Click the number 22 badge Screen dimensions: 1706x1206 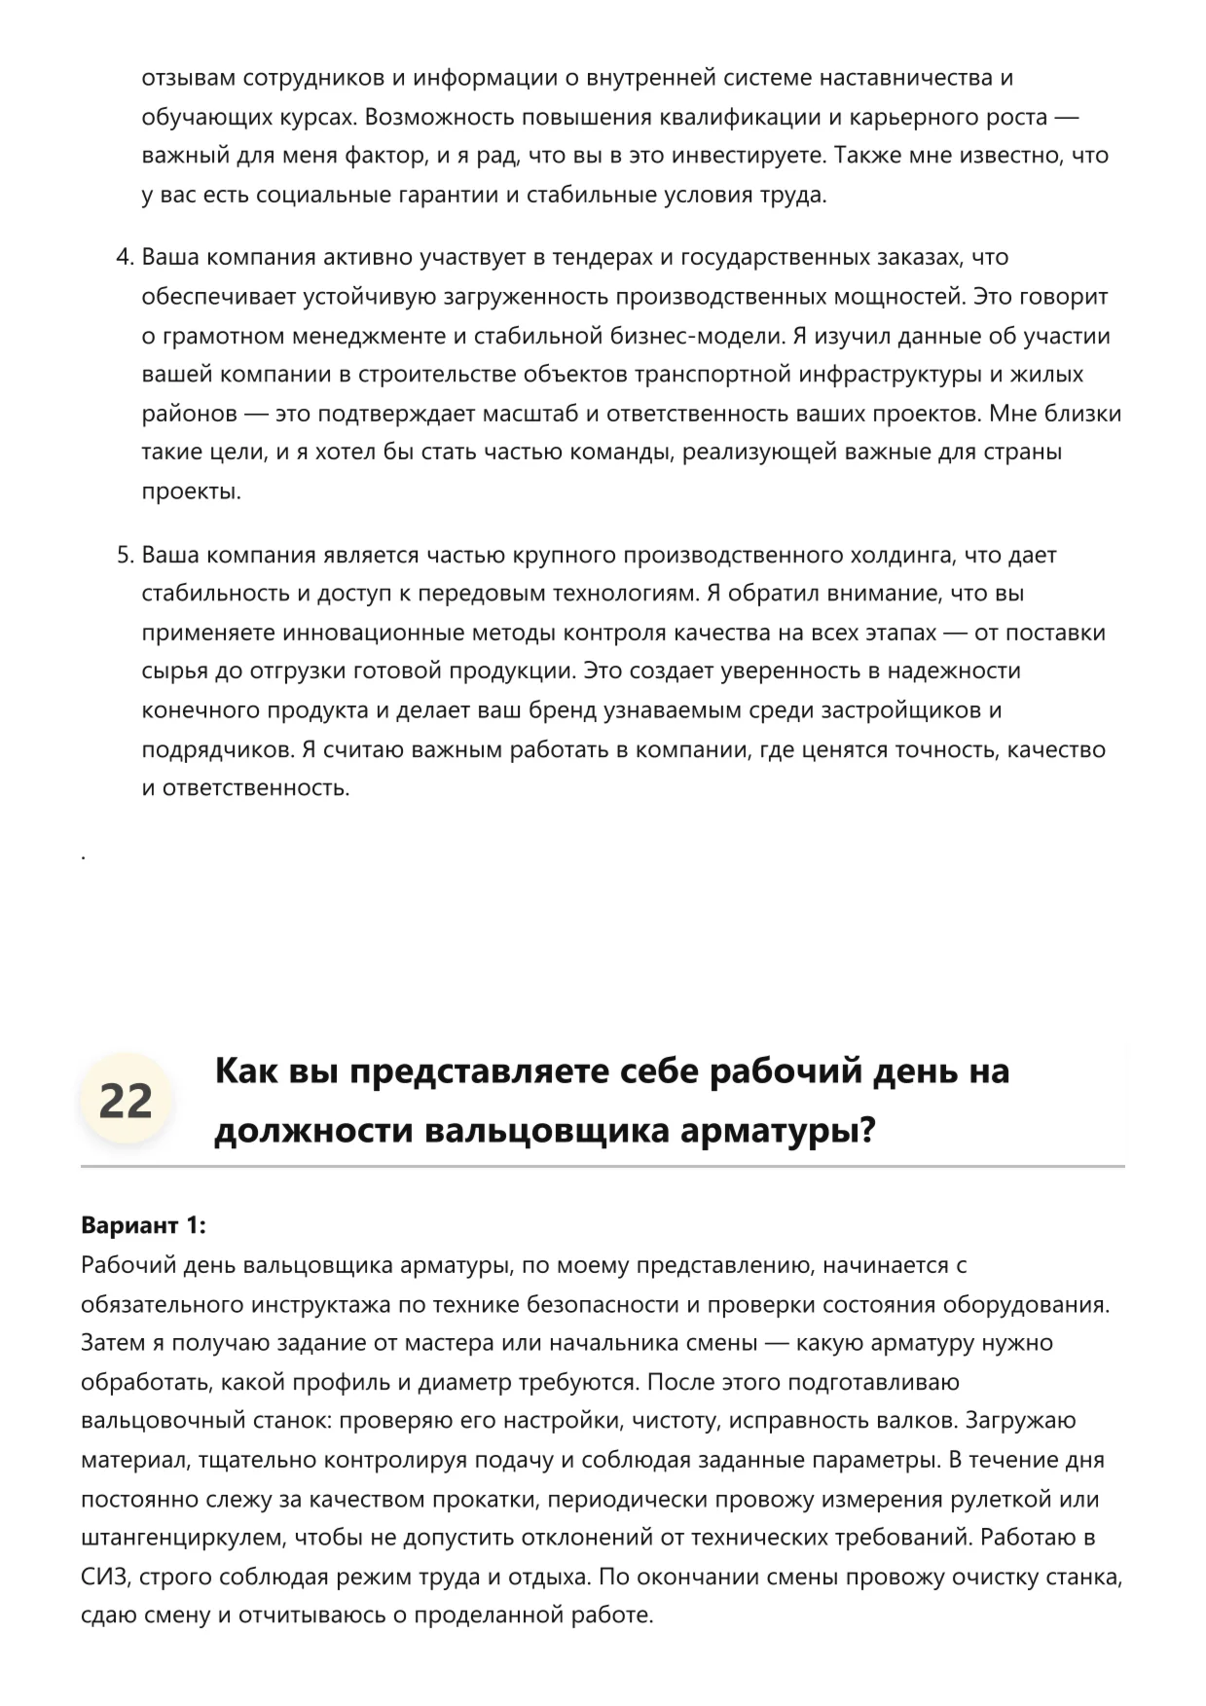click(x=126, y=1101)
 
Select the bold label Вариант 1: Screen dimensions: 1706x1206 click(x=143, y=1225)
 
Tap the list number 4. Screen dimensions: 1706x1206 click(x=124, y=258)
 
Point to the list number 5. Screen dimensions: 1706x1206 click(x=124, y=556)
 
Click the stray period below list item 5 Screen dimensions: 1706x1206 click(x=84, y=856)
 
